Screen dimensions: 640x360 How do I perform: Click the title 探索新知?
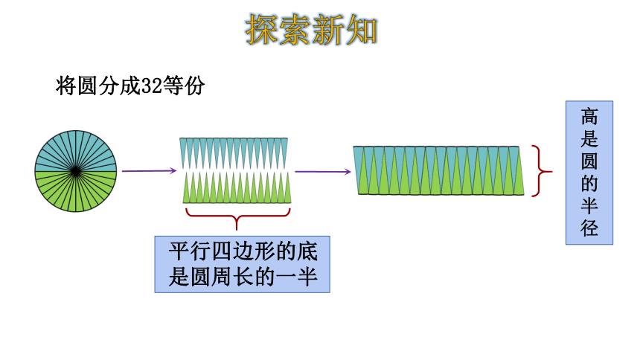311,30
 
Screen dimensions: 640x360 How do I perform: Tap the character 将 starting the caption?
65,86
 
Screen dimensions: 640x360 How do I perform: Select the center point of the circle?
75,171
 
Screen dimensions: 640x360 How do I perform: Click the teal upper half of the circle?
75,151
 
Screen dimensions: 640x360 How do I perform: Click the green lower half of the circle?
75,192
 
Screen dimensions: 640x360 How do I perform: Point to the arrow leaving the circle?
149,170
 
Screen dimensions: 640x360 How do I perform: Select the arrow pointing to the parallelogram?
322,171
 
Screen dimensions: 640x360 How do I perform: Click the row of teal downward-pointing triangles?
234,153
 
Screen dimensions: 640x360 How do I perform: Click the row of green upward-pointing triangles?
237,187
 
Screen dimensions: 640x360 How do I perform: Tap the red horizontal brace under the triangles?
237,216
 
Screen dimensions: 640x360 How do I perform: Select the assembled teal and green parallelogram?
439,170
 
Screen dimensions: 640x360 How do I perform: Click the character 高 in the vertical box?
589,117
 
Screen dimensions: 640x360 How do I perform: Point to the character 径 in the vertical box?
589,228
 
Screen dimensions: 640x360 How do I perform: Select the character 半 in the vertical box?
589,206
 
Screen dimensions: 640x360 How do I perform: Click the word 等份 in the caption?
183,86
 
